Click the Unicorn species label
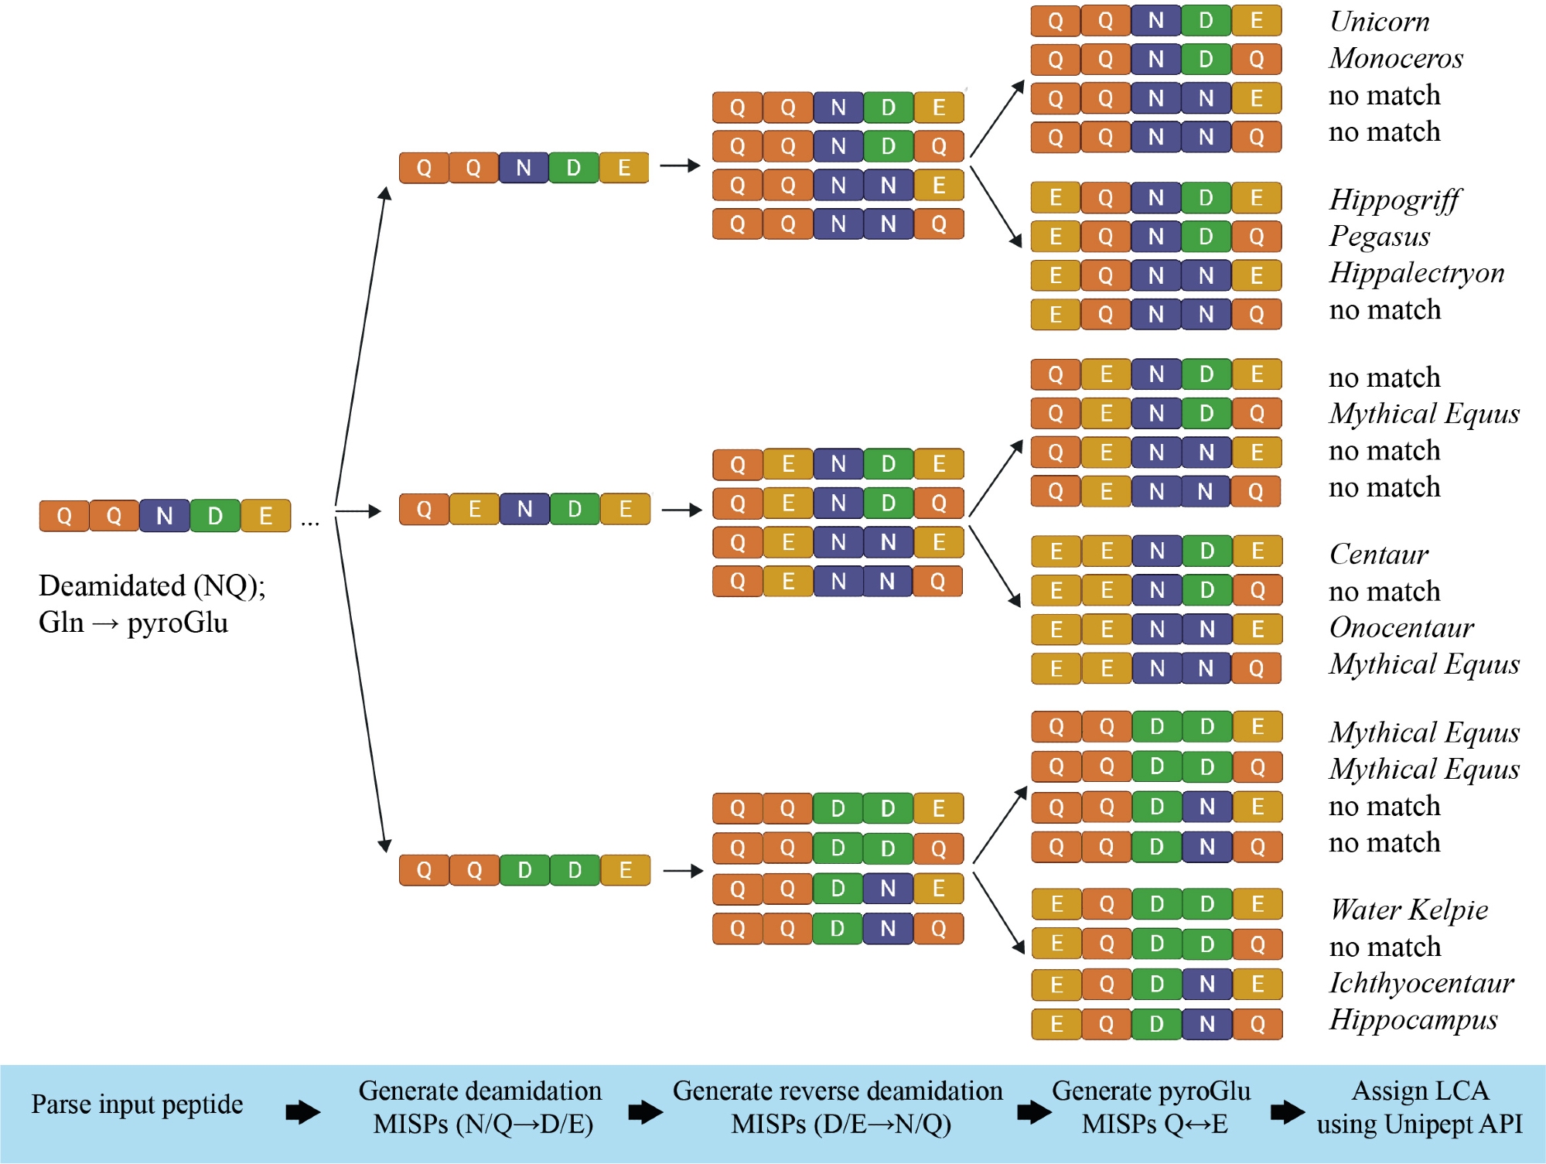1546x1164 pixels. (x=1379, y=22)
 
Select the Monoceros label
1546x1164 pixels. (x=1396, y=59)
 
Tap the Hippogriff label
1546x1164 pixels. (x=1394, y=200)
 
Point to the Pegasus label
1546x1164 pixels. (x=1380, y=237)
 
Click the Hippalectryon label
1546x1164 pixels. (x=1416, y=273)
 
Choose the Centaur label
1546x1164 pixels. (x=1378, y=555)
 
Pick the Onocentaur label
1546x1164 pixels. (x=1401, y=628)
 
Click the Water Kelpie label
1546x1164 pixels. (x=1408, y=910)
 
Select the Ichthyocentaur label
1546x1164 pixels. (x=1421, y=983)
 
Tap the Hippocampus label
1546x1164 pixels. (x=1413, y=1020)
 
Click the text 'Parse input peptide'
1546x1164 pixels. (x=137, y=1104)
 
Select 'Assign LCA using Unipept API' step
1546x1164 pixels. (x=1419, y=1108)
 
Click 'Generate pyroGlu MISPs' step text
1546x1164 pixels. (x=1151, y=1108)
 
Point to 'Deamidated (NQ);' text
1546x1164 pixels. (x=152, y=586)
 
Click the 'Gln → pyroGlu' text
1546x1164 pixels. (x=133, y=623)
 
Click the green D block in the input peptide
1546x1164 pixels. (x=215, y=516)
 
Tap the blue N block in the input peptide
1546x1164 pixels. (x=165, y=516)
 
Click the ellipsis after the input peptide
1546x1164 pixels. (x=310, y=523)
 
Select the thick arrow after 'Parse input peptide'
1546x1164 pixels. (x=302, y=1113)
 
